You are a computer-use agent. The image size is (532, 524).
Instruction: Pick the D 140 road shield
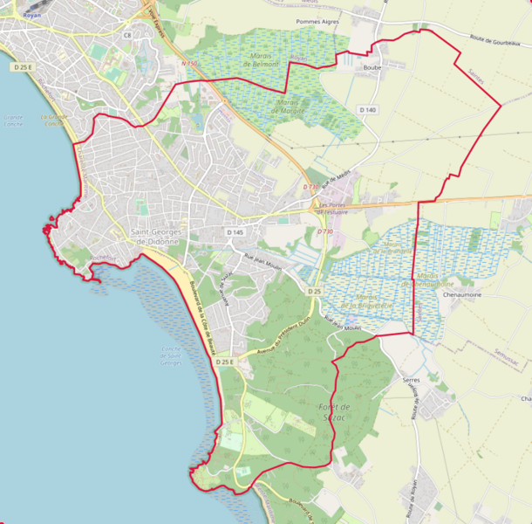click(x=367, y=109)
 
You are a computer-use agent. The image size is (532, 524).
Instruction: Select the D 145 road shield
click(x=235, y=232)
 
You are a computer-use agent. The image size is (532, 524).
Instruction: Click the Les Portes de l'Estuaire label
click(x=333, y=208)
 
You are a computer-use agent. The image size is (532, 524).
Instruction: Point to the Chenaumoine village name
click(x=462, y=296)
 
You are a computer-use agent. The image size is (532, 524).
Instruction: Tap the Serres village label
click(x=412, y=381)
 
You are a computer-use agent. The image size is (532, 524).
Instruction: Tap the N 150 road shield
click(x=191, y=63)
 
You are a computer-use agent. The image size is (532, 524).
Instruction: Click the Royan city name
click(x=32, y=15)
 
